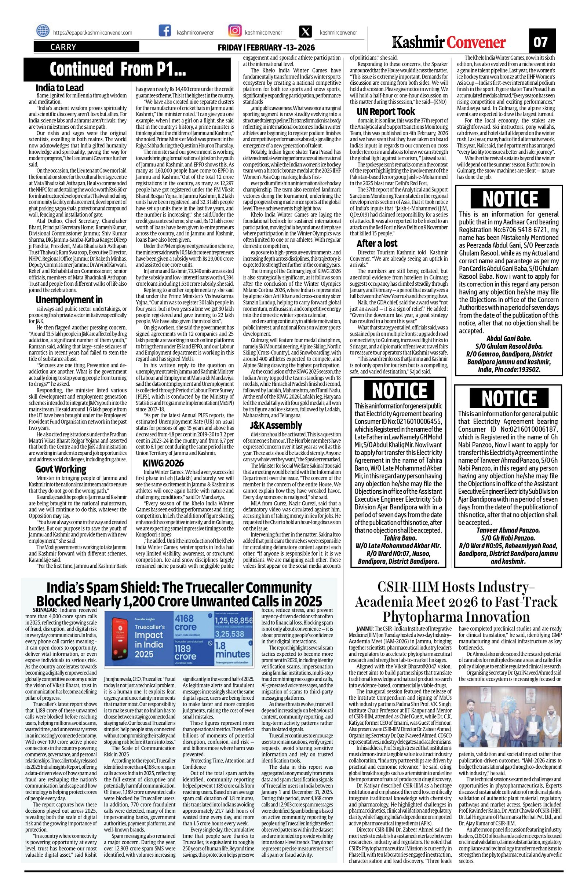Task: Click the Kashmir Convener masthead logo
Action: click(x=449, y=42)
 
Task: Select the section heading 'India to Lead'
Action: click(x=59, y=88)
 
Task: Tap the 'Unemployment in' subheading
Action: click(x=69, y=300)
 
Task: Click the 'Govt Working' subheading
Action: click(x=61, y=469)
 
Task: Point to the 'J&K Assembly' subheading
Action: click(x=276, y=425)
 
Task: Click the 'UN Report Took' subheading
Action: click(x=386, y=111)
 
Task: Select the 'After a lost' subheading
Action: click(x=377, y=243)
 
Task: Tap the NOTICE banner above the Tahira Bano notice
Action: click(x=399, y=391)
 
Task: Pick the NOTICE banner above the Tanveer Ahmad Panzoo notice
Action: click(x=509, y=398)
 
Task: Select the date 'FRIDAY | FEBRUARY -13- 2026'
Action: click(x=266, y=48)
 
